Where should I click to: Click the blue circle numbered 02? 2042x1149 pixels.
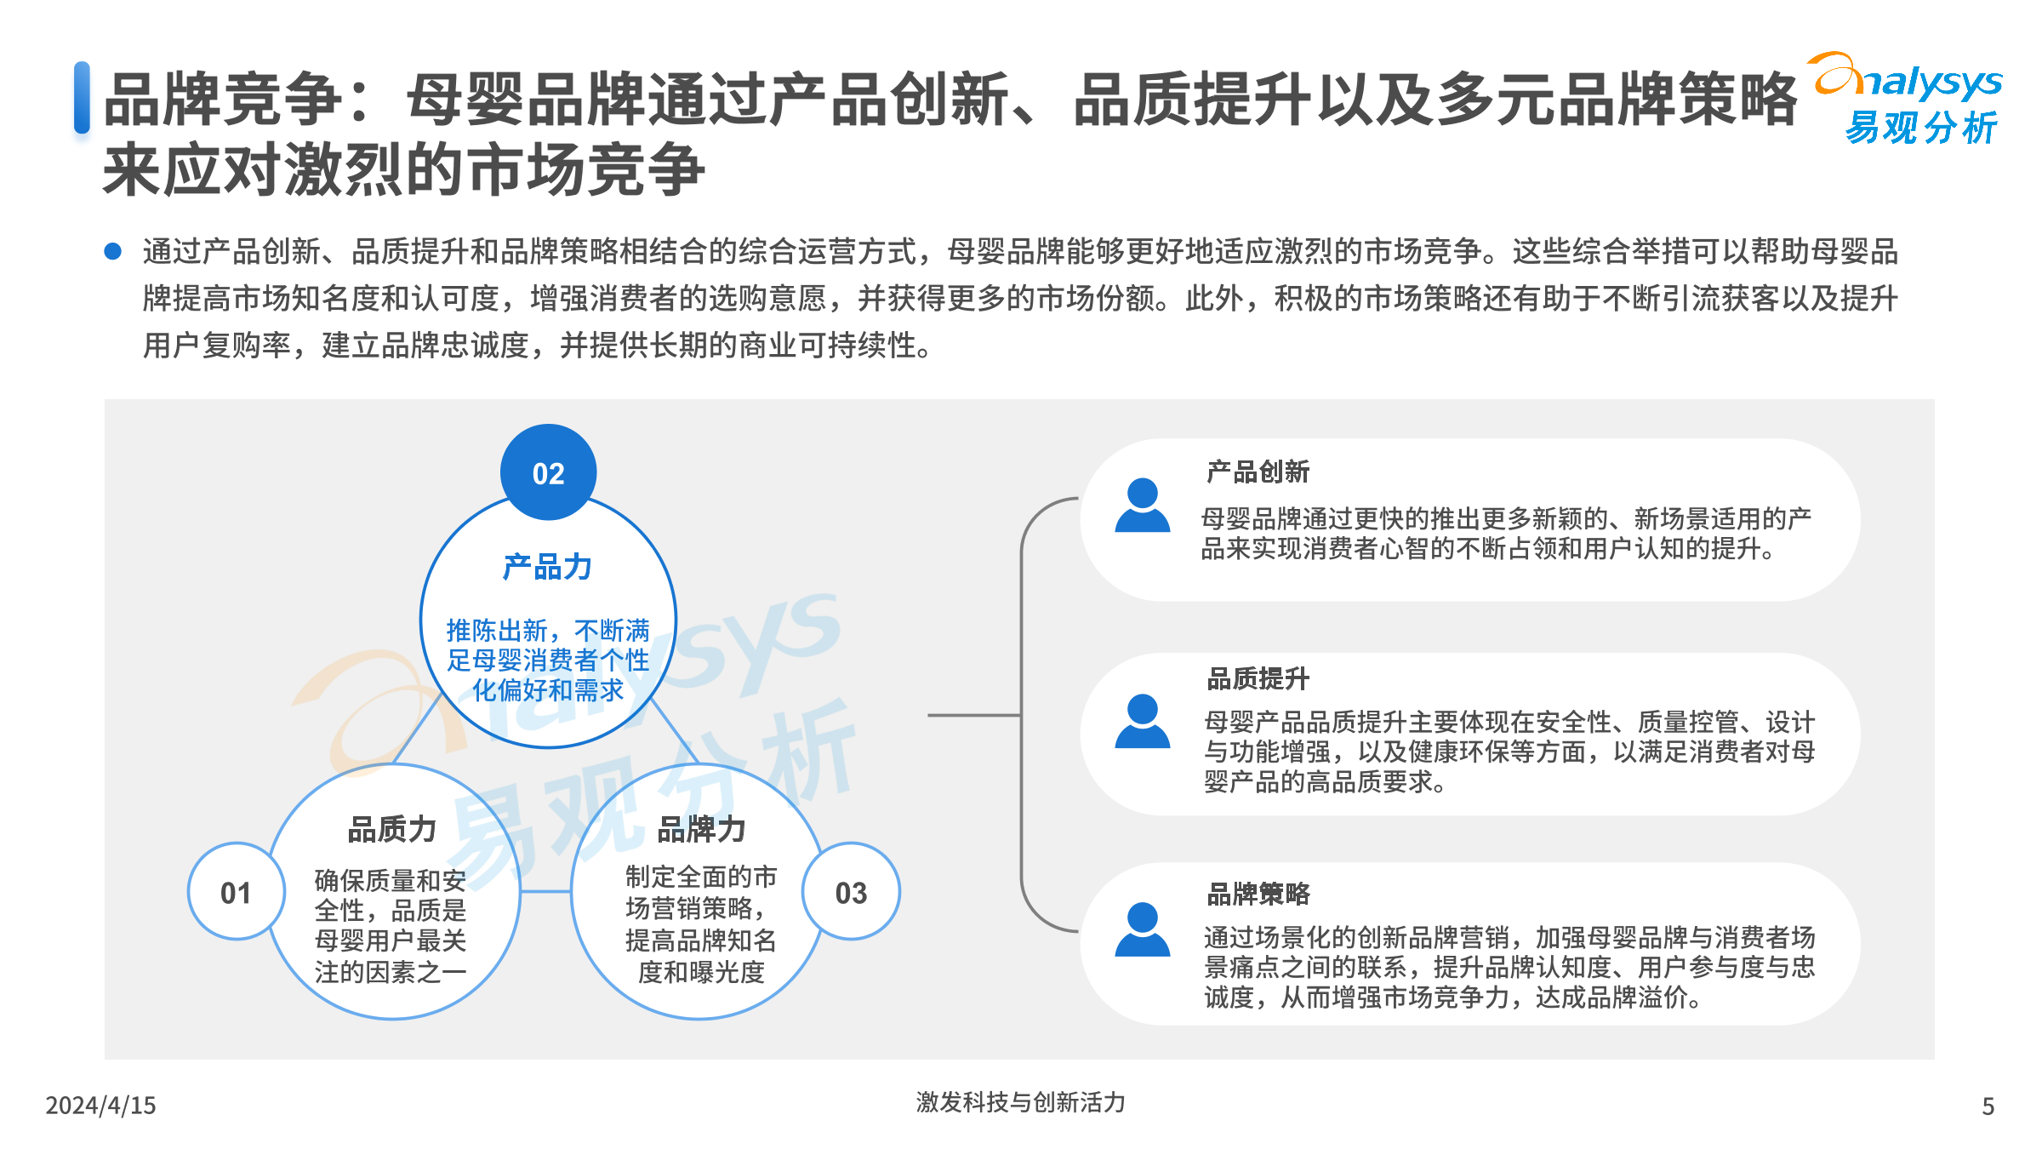548,472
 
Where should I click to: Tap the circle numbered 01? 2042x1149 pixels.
236,891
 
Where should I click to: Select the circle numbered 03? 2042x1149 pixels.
851,891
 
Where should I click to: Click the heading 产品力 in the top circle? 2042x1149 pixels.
547,567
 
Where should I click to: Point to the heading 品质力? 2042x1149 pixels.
391,828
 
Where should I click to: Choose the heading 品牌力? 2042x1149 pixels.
701,828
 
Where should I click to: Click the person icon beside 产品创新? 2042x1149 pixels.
1142,506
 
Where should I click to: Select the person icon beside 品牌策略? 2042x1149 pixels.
1142,929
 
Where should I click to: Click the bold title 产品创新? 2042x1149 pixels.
1258,472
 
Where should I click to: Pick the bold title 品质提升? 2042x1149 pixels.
1258,678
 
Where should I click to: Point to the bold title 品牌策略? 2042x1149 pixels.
1258,893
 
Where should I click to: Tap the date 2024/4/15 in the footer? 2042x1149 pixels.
100,1105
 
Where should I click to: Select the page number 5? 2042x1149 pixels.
1988,1106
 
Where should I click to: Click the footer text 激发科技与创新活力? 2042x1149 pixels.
1020,1102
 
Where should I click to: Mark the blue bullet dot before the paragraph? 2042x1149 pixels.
112,251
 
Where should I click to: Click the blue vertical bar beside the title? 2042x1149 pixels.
82,97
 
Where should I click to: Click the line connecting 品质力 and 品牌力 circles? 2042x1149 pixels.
545,891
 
